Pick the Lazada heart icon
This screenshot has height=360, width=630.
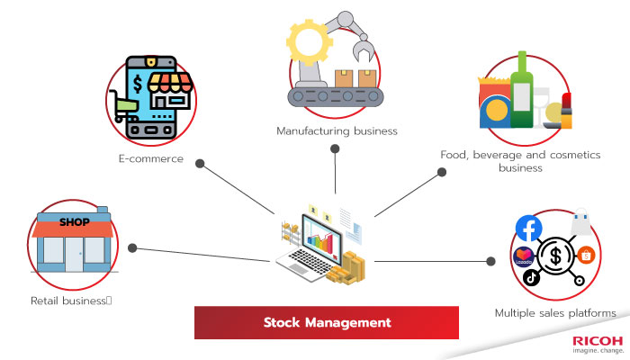pyautogui.click(x=523, y=256)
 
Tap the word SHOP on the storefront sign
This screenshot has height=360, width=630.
pyautogui.click(x=76, y=220)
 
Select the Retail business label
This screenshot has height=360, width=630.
pyautogui.click(x=69, y=300)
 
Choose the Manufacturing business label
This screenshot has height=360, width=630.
pyautogui.click(x=337, y=130)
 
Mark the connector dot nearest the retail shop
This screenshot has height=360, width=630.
pyautogui.click(x=132, y=247)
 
